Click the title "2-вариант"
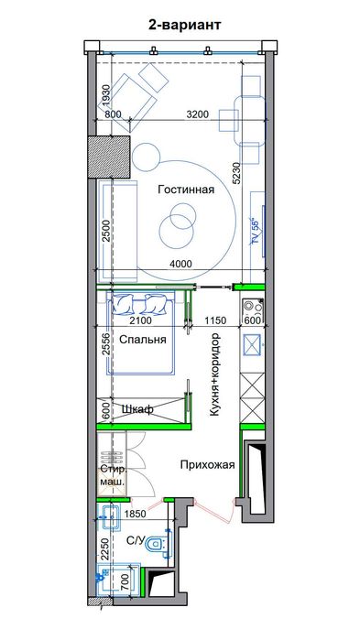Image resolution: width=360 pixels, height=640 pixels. [183, 27]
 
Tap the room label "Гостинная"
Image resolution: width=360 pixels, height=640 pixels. [185, 190]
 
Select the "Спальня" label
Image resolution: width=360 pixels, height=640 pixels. [142, 340]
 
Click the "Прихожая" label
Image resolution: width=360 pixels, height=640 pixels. [208, 464]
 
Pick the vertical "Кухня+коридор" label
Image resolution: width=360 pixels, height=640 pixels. [214, 374]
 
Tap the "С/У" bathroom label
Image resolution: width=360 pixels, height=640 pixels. [136, 541]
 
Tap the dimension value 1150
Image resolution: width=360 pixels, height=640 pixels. [215, 320]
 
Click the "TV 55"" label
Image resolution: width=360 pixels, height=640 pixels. [256, 230]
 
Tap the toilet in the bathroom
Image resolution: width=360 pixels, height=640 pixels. [160, 546]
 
